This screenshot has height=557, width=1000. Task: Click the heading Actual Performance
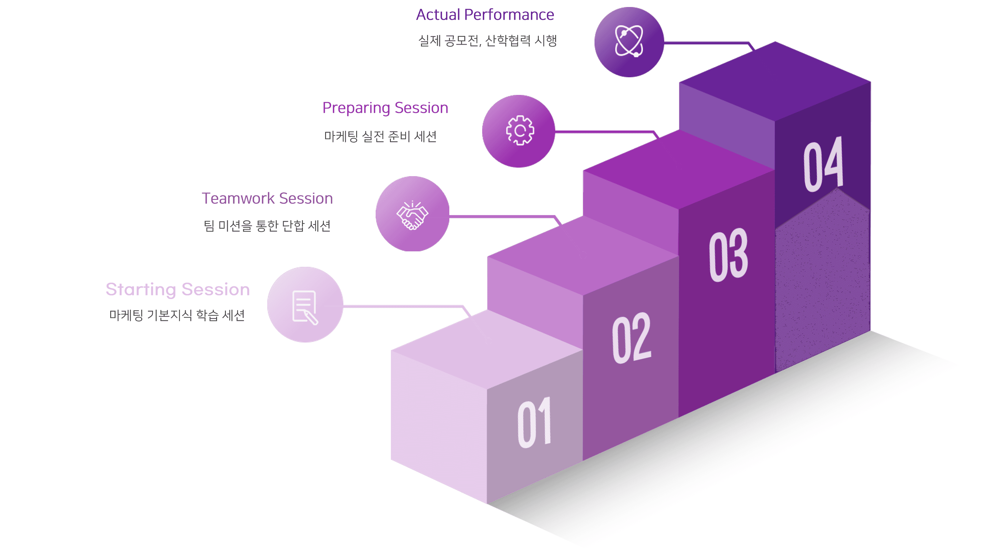tap(485, 15)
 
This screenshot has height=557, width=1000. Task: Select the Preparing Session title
tap(385, 108)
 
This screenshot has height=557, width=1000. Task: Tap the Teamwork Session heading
tap(267, 198)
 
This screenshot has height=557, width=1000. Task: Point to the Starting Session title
tap(178, 289)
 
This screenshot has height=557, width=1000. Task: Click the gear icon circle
tap(519, 131)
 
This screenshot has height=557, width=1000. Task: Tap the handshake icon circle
tap(412, 214)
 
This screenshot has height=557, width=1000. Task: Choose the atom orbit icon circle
tap(629, 42)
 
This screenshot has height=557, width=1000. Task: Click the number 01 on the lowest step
tap(535, 423)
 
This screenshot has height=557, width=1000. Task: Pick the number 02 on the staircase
tap(632, 338)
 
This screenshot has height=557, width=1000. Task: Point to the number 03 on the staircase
tap(728, 254)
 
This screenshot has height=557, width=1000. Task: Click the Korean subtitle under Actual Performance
tap(488, 41)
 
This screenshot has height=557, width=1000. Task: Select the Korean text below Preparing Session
tap(381, 136)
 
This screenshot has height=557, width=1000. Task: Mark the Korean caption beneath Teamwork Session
tap(267, 226)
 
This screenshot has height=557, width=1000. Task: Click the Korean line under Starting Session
tap(177, 315)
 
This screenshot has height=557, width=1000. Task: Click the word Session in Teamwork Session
tap(306, 198)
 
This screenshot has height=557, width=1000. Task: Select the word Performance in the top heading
tap(509, 15)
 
